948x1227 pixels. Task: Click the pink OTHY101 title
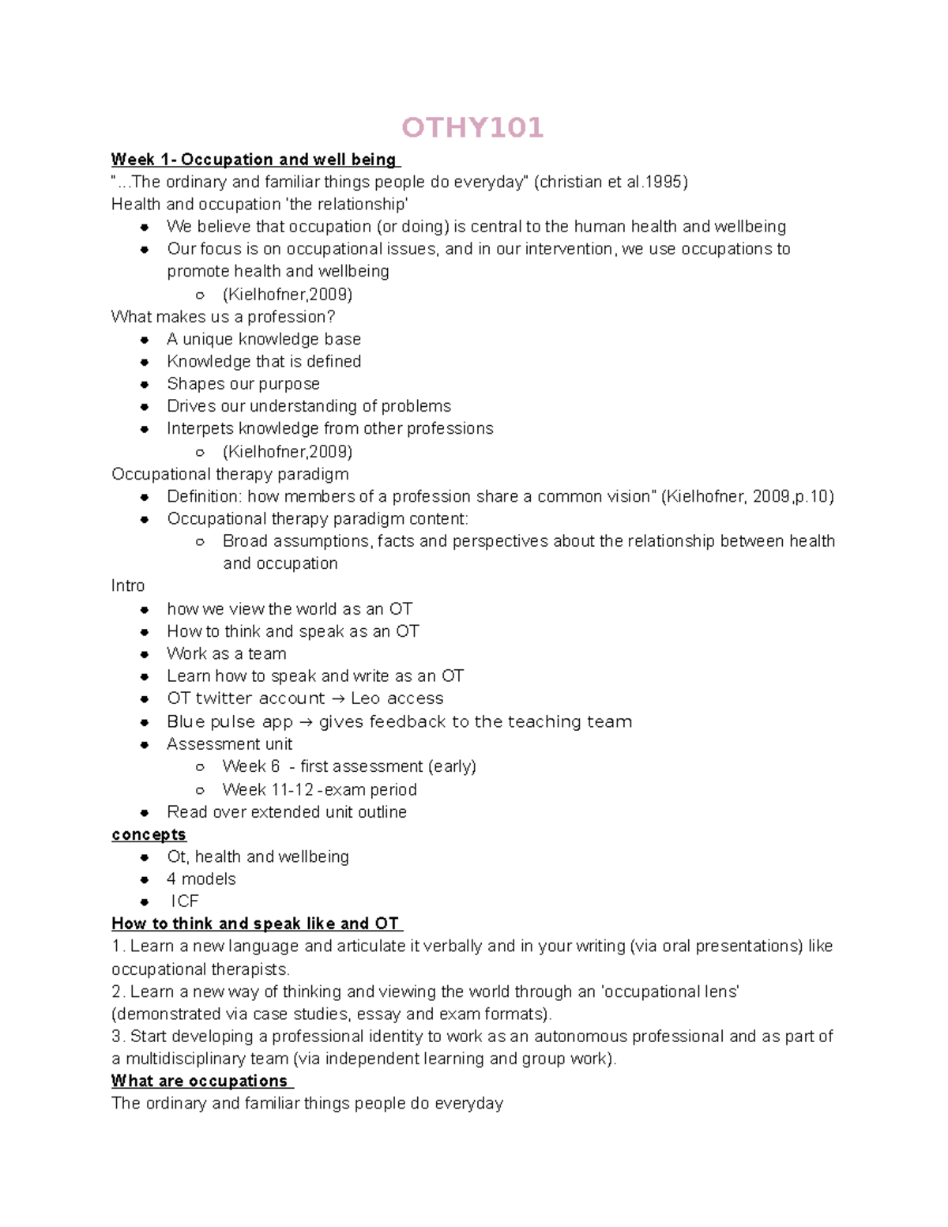coord(472,127)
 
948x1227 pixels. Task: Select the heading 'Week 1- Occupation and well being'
coord(254,160)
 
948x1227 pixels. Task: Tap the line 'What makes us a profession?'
coord(223,317)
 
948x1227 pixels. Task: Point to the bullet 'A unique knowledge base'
coord(264,339)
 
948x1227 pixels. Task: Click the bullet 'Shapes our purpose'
coord(243,384)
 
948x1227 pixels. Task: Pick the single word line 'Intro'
coord(128,585)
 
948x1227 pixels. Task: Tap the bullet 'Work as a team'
coord(227,653)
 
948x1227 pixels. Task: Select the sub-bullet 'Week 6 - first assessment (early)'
coord(349,766)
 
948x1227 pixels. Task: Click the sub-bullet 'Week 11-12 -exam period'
coord(319,789)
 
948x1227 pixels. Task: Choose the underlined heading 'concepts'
coord(149,834)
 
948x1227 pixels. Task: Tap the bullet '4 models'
coord(201,879)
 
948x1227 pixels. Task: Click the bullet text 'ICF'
coord(185,901)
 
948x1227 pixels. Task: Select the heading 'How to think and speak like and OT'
coord(256,924)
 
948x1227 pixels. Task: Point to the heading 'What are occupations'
coord(200,1081)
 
